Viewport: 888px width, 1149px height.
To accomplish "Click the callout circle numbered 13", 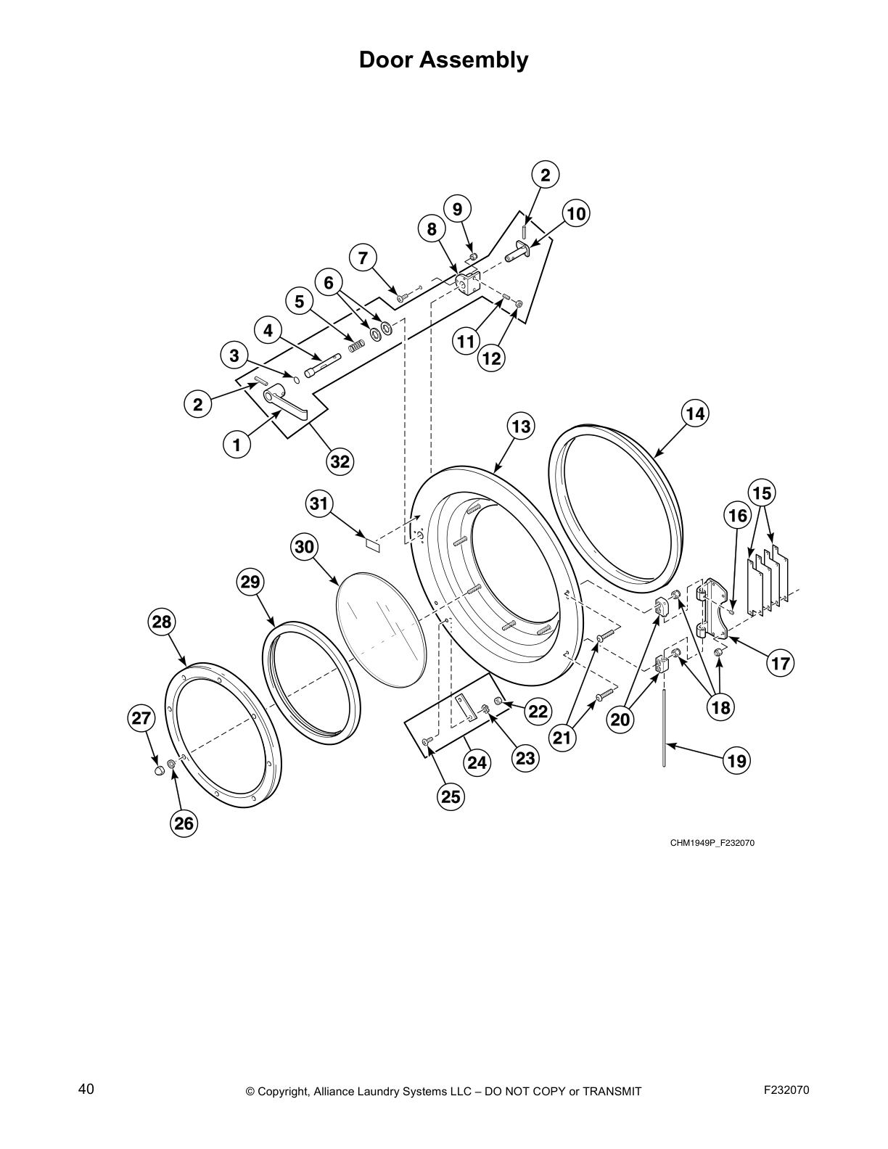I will pyautogui.click(x=521, y=426).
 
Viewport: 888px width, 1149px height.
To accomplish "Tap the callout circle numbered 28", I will pyautogui.click(x=162, y=622).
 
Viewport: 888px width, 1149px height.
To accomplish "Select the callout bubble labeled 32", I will pyautogui.click(x=340, y=461).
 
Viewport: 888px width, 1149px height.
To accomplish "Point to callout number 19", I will pyautogui.click(x=737, y=761).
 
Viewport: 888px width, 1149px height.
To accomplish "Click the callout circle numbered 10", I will pyautogui.click(x=575, y=214).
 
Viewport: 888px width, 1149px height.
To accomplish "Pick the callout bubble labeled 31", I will pyautogui.click(x=319, y=503).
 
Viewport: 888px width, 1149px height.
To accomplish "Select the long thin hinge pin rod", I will pyautogui.click(x=664, y=725).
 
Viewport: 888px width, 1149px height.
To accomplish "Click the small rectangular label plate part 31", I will pyautogui.click(x=372, y=543).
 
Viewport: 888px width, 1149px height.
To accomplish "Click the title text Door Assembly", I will pyautogui.click(x=443, y=59).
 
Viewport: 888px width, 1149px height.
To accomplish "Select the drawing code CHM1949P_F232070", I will pyautogui.click(x=707, y=843).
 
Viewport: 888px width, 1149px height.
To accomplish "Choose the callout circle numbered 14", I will pyautogui.click(x=694, y=413).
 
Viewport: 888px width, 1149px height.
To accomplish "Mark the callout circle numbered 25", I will pyautogui.click(x=451, y=796).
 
